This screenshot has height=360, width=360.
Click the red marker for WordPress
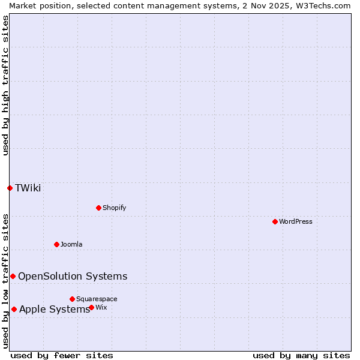click(275, 221)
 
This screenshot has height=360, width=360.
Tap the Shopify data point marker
click(98, 208)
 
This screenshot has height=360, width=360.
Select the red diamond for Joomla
click(56, 244)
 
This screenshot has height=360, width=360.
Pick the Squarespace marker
click(72, 299)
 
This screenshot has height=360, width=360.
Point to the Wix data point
click(91, 307)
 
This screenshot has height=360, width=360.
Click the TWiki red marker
click(10, 188)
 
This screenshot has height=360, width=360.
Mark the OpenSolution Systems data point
click(13, 276)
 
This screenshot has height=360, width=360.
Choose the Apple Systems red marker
click(14, 309)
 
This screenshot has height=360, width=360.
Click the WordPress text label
click(296, 221)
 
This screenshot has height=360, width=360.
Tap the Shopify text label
click(115, 208)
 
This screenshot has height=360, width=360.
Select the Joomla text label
click(71, 244)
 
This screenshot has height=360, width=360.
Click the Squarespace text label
click(97, 299)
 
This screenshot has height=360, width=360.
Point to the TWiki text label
click(28, 188)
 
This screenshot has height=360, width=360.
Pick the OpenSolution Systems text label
click(73, 276)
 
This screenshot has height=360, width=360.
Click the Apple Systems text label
click(55, 309)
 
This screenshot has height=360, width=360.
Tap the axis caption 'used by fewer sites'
click(62, 355)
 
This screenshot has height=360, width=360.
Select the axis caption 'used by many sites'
click(301, 355)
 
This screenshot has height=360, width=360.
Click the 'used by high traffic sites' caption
click(5, 86)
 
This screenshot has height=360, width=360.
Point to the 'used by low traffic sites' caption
click(5, 281)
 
